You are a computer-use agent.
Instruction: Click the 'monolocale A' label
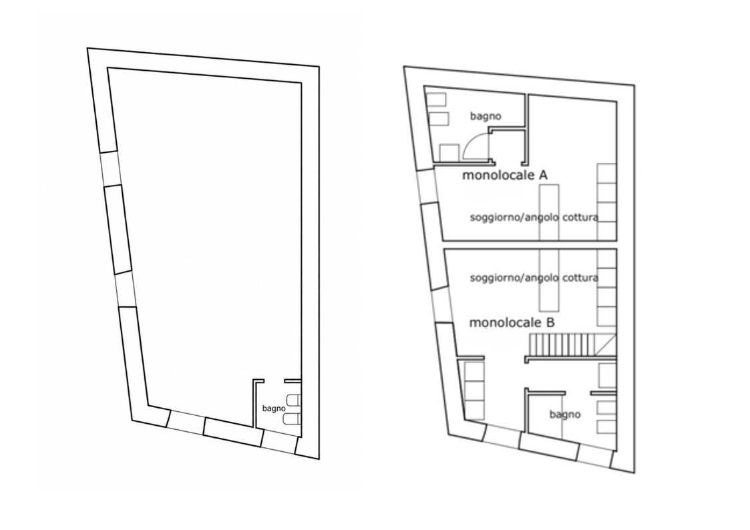point(505,176)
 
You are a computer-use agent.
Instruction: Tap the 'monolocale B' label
point(512,322)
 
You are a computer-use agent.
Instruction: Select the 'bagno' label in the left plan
point(274,409)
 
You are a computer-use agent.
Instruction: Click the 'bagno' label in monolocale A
point(486,116)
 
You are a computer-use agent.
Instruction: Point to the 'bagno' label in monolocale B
point(565,415)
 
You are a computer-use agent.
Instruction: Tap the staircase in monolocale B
point(570,346)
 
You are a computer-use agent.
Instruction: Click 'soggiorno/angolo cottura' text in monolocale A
point(534,218)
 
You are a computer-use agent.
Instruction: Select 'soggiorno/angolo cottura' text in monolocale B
point(534,278)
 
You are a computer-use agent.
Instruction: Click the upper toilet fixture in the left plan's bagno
point(293,401)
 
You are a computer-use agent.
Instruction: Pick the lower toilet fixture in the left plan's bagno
point(293,419)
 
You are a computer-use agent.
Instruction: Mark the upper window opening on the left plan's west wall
point(110,168)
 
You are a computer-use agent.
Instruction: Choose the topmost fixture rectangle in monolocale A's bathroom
point(435,99)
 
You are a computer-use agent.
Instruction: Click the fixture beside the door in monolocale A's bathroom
point(449,152)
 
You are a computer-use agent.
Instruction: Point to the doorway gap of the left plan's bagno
point(274,381)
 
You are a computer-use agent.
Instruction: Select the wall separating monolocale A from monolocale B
point(530,245)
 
